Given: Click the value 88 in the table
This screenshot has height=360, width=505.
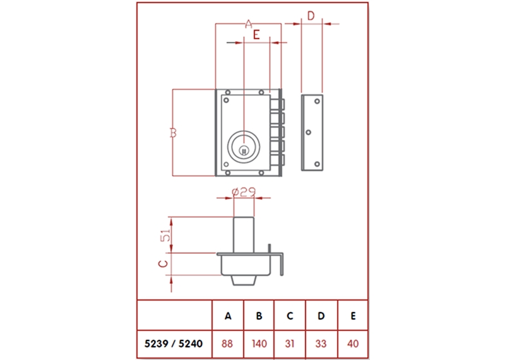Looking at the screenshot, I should (x=227, y=344).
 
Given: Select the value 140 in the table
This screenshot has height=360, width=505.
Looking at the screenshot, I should (x=259, y=344).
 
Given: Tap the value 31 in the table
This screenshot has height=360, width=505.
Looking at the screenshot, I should (x=290, y=344).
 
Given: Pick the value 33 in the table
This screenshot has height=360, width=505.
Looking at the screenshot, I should (x=321, y=344).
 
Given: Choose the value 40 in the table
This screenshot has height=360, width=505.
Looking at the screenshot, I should (x=353, y=344).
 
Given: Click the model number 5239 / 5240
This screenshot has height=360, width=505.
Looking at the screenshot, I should (x=174, y=344).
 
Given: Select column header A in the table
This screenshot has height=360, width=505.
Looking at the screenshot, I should (x=227, y=315).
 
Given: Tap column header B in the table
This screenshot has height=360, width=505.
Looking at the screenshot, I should (x=259, y=315).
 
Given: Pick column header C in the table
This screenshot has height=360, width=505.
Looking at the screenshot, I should (x=290, y=315).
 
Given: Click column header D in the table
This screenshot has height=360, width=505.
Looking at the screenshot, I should (x=321, y=315).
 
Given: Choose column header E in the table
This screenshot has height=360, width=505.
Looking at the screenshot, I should (x=353, y=315).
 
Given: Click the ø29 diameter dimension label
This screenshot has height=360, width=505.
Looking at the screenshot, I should (x=243, y=191).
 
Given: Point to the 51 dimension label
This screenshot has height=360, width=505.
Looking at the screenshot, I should (x=165, y=236).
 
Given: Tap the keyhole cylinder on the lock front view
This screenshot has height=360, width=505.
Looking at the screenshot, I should (x=243, y=147).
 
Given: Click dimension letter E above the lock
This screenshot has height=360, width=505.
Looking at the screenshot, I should (x=256, y=35).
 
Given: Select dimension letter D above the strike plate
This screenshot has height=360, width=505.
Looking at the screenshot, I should (x=311, y=15).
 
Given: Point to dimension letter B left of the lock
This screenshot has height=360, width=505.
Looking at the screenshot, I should (x=172, y=133).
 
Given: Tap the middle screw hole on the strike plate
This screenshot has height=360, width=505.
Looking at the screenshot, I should (x=309, y=133).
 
